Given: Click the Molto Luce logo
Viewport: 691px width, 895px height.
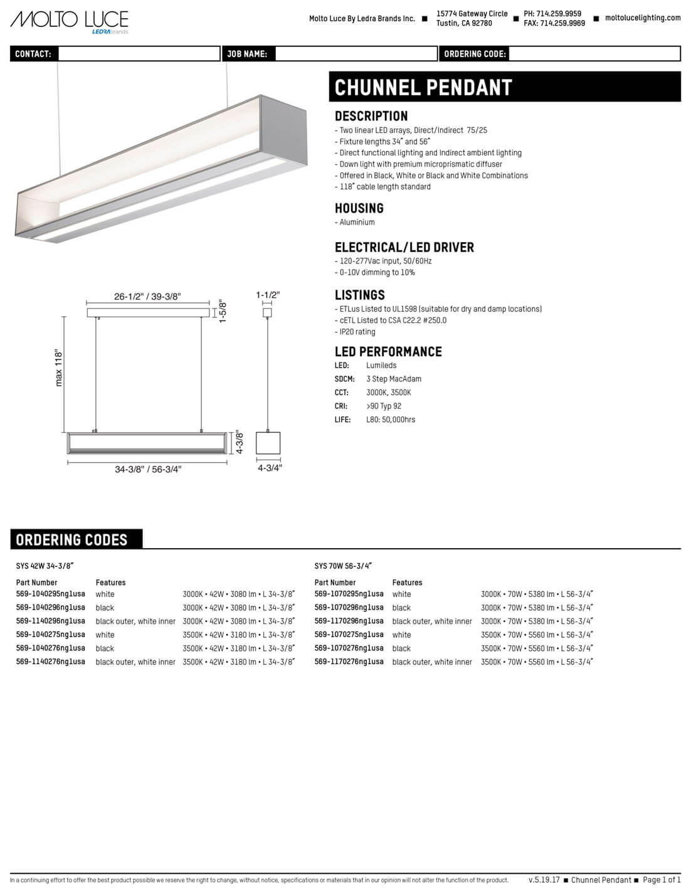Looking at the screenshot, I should point(69,21).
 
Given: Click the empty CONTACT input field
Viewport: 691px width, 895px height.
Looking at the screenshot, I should point(139,54).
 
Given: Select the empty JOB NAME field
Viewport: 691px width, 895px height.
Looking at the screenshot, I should point(356,54).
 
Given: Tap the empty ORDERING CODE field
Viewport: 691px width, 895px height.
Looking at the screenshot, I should point(594,54).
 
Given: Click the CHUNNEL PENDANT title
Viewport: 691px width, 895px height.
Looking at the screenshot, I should point(423,88).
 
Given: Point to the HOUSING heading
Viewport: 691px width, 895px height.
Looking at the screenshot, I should point(359,208).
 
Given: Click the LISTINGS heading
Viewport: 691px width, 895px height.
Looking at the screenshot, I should point(359,295).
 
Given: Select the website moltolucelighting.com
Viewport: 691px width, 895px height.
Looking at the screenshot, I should point(642,18).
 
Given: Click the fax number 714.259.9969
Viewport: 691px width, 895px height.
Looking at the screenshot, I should point(562,23).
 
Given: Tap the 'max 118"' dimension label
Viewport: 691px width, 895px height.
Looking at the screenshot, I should point(59,368).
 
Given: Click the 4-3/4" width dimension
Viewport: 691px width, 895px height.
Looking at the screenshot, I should point(270,468).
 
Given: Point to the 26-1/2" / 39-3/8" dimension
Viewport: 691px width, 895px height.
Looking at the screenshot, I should point(147,297).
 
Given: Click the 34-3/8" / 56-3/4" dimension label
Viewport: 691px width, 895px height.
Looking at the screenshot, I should point(148,469).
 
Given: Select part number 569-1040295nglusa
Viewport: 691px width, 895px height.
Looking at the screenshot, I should point(50,594).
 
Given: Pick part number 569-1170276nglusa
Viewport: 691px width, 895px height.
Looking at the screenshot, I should point(349,662).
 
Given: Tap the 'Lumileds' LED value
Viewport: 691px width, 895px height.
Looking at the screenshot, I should point(381,366).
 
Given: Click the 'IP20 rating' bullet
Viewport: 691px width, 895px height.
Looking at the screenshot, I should point(357,332).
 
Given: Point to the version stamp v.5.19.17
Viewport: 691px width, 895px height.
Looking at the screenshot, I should point(544,880).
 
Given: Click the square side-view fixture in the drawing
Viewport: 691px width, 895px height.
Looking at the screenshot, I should point(268,443).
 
